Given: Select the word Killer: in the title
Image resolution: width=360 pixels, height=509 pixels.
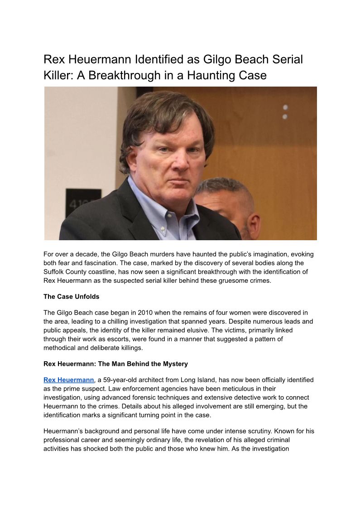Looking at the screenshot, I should pos(57,75).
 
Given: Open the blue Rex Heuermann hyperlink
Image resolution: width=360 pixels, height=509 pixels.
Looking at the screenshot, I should pos(69,380).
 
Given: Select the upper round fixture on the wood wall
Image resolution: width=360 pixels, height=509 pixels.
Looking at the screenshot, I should pos(285,107).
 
